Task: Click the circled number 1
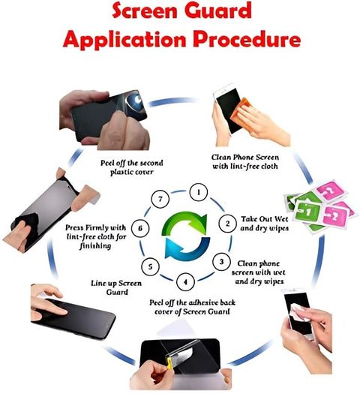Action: pyautogui.click(x=199, y=192)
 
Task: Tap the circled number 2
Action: pyautogui.click(x=227, y=224)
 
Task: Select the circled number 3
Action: pyautogui.click(x=221, y=262)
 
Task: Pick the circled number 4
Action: pyautogui.click(x=185, y=282)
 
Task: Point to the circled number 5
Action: pyautogui.click(x=150, y=266)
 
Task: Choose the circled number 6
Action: pyautogui.click(x=140, y=228)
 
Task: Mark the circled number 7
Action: pyautogui.click(x=160, y=199)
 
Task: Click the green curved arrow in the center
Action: pyautogui.click(x=184, y=221)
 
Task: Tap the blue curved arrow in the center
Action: pyautogui.click(x=187, y=248)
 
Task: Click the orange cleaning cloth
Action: pyautogui.click(x=241, y=110)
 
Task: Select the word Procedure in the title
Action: pyautogui.click(x=247, y=39)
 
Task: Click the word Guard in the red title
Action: pyautogui.click(x=218, y=11)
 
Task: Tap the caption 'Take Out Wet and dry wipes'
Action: pyautogui.click(x=264, y=224)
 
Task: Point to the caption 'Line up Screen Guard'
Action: pyautogui.click(x=116, y=287)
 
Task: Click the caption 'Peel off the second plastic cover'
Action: pyautogui.click(x=132, y=167)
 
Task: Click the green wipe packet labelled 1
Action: pyautogui.click(x=307, y=212)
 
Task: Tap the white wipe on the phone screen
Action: pyautogui.click(x=299, y=312)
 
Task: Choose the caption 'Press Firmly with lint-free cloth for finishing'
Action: pyautogui.click(x=96, y=236)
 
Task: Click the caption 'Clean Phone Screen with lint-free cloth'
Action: pyautogui.click(x=245, y=161)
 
